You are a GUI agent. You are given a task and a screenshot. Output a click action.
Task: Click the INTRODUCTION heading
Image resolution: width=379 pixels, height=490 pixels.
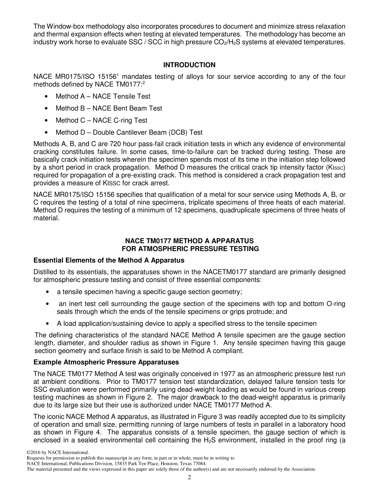click(x=189, y=65)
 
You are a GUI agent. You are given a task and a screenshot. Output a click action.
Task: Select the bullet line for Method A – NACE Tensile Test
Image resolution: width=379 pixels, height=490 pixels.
click(x=103, y=96)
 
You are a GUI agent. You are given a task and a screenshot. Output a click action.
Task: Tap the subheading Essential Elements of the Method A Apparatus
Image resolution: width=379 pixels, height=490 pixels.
click(x=109, y=261)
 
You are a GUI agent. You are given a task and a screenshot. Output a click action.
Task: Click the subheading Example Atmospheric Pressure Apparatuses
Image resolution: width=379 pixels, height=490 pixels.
click(x=106, y=363)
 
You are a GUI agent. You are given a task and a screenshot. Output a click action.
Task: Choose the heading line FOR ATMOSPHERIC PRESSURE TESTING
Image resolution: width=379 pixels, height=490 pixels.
click(x=190, y=249)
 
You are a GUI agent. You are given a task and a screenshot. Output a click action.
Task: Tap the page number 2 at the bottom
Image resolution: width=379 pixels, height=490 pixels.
click(x=189, y=478)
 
